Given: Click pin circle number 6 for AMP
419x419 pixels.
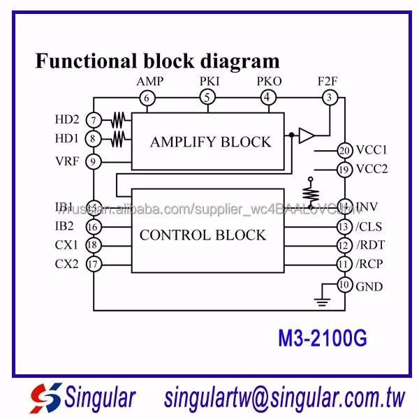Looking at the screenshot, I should [147, 98].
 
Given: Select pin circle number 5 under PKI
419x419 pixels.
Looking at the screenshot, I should [207, 98].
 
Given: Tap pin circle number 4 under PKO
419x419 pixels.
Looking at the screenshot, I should [268, 98].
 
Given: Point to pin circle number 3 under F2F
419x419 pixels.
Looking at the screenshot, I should [329, 98].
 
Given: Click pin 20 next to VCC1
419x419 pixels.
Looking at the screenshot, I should [344, 150].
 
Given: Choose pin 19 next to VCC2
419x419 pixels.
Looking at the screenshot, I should [344, 168].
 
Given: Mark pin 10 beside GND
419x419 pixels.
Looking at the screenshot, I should [344, 285].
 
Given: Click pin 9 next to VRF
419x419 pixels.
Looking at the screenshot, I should [93, 162].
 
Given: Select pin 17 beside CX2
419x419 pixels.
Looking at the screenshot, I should [93, 264].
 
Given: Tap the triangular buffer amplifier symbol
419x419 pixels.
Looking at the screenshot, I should [306, 135].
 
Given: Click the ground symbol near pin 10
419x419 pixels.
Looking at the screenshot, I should [321, 300].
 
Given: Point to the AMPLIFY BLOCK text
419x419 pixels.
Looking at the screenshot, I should [210, 142].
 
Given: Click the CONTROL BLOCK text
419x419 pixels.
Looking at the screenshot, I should [203, 235].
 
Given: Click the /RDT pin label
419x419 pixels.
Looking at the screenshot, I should [370, 246].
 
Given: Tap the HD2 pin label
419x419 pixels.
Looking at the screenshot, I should [67, 119].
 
